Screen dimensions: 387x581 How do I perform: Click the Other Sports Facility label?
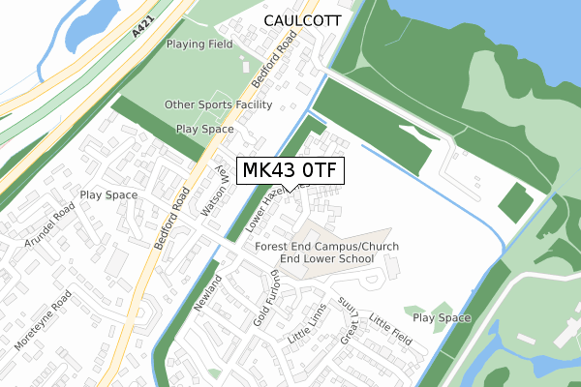tap(218, 104)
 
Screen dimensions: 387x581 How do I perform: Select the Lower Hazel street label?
tap(268, 207)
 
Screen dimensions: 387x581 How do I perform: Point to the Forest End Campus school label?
tap(327, 253)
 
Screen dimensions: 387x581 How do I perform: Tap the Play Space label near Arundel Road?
tap(109, 194)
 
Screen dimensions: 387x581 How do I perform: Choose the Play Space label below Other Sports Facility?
tap(204, 129)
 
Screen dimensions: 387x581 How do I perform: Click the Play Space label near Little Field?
tap(442, 317)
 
